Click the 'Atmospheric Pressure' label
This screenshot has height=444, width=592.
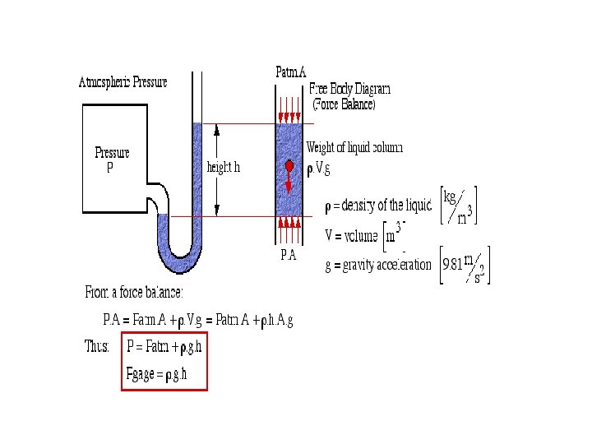click(123, 82)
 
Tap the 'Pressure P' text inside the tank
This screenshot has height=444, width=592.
click(112, 160)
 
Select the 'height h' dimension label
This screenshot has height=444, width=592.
click(224, 168)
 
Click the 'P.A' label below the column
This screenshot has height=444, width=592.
click(288, 256)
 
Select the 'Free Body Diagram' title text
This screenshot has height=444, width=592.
click(349, 89)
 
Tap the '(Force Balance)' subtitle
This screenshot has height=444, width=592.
click(344, 104)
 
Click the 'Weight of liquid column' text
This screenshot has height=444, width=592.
click(354, 148)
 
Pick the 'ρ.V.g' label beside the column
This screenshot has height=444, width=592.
click(320, 170)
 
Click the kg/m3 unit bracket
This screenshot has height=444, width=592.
click(459, 206)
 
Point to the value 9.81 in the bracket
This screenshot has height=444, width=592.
click(451, 265)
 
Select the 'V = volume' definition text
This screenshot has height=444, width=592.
click(353, 235)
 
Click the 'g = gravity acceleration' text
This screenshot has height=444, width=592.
click(378, 265)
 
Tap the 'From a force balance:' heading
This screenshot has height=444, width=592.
click(134, 293)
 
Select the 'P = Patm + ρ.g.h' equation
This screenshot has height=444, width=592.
click(164, 346)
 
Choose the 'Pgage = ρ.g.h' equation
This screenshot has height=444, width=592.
click(157, 373)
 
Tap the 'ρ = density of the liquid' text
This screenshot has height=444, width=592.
click(378, 206)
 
